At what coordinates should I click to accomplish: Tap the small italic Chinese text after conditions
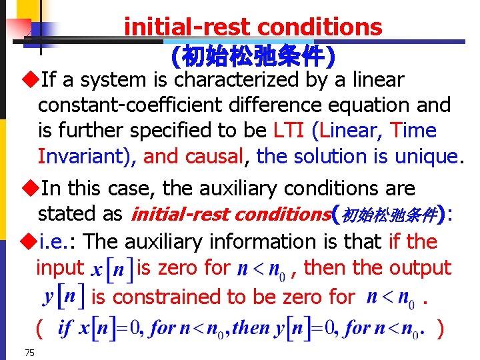[x=389, y=215]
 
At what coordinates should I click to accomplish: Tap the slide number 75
[x=29, y=352]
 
